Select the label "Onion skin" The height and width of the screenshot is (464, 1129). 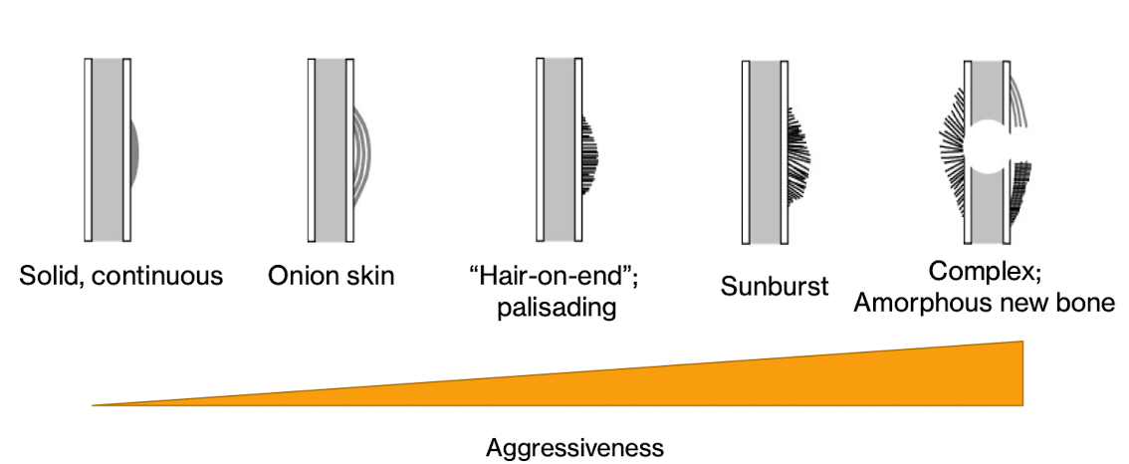tap(332, 276)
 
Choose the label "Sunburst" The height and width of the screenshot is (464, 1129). tap(775, 289)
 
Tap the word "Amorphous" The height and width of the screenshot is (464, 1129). tap(921, 303)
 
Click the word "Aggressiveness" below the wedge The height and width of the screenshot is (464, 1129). tap(574, 447)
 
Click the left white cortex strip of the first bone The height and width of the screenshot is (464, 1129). tap(89, 149)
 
